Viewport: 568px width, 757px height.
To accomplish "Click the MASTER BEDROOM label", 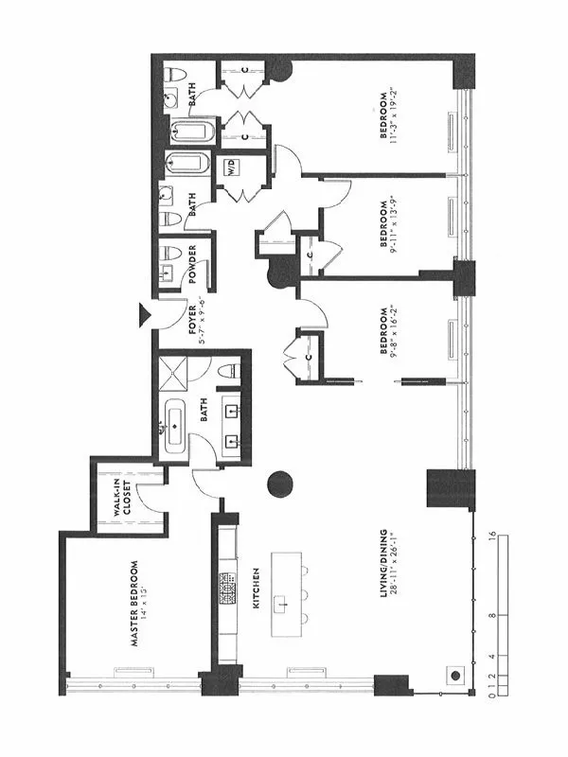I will [x=134, y=605].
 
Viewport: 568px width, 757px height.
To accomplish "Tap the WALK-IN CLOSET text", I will [x=119, y=496].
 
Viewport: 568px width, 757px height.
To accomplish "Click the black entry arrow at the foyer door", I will [x=145, y=313].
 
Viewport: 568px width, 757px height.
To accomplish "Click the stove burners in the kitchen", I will [x=227, y=589].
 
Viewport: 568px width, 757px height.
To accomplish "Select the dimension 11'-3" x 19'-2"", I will [x=397, y=115].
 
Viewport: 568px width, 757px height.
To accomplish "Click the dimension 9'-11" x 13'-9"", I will [x=397, y=226].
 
